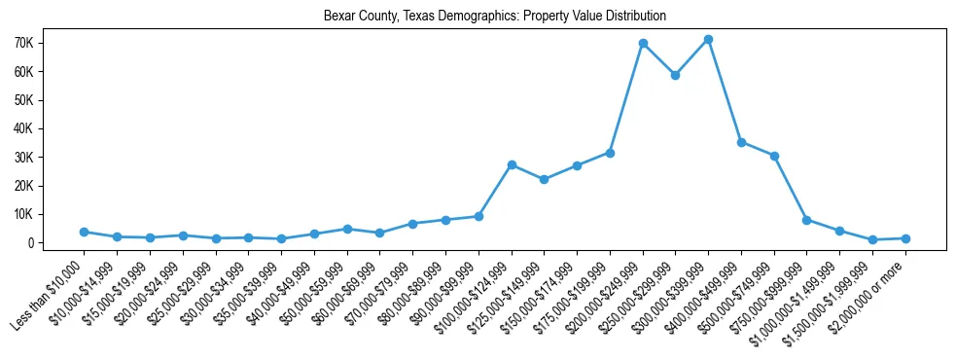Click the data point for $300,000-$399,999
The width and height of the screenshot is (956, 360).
pyautogui.click(x=708, y=40)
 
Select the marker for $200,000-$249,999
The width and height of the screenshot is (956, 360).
pyautogui.click(x=643, y=44)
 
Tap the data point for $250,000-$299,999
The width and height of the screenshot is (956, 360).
pyautogui.click(x=675, y=75)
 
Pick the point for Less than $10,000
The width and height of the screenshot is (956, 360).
pyautogui.click(x=84, y=232)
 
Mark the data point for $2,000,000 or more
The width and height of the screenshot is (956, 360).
pyautogui.click(x=905, y=238)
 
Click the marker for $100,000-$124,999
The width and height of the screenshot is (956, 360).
pyautogui.click(x=512, y=165)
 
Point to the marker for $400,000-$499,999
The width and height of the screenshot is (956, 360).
pyautogui.click(x=741, y=142)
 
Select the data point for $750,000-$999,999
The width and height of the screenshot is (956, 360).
pyautogui.click(x=806, y=220)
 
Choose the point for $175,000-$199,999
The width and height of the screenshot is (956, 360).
pyautogui.click(x=610, y=153)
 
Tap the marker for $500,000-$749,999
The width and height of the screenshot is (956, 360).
pyautogui.click(x=774, y=156)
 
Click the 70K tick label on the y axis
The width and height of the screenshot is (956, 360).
pyautogui.click(x=51, y=44)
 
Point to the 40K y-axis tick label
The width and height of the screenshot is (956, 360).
pyautogui.click(x=51, y=128)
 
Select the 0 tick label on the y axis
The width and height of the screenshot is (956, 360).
pyautogui.click(x=58, y=242)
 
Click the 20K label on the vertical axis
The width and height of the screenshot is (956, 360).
pyautogui.click(x=51, y=186)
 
